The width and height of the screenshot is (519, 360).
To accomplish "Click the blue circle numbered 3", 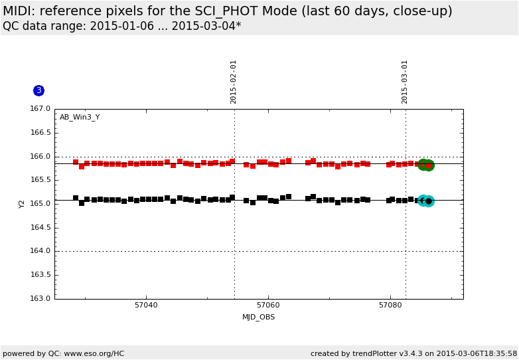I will point(38,90).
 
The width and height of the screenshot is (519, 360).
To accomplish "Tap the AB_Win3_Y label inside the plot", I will point(80,118).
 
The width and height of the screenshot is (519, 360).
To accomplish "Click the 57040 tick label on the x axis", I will point(146,306).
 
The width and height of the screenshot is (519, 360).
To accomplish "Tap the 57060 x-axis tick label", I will point(268,306).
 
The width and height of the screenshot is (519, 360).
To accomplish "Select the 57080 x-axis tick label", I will point(390,306).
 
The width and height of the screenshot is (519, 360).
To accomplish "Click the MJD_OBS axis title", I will point(258,317).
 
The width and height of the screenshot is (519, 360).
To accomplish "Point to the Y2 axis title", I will point(22,204).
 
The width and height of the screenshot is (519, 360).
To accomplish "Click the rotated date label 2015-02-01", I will point(234,82).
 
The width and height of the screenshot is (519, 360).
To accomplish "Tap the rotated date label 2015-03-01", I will point(405,82).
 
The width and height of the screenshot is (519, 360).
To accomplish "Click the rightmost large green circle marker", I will point(429,165).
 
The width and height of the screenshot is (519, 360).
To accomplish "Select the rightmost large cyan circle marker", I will point(429,201).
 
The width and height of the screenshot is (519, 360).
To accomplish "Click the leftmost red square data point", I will point(76,162).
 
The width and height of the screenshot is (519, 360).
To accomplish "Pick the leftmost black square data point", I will point(76,198).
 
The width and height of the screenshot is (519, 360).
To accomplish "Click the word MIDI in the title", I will point(18,11).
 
